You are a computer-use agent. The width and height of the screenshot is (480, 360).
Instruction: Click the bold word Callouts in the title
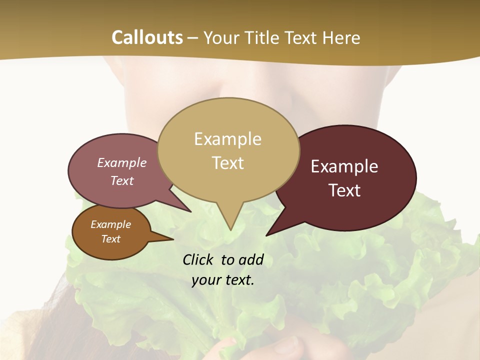(147, 37)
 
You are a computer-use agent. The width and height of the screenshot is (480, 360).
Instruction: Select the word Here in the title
(341, 37)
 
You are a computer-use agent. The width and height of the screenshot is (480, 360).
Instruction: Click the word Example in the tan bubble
(227, 139)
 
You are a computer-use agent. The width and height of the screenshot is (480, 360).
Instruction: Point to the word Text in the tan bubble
(227, 162)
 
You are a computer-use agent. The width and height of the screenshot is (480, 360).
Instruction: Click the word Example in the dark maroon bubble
(344, 166)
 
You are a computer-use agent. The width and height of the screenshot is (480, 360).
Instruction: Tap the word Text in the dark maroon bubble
(344, 190)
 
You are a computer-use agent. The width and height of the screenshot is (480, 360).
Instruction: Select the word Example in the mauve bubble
(122, 162)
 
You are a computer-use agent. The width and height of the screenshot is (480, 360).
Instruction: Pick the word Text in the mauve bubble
(122, 180)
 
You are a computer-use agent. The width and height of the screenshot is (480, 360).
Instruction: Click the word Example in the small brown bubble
(110, 224)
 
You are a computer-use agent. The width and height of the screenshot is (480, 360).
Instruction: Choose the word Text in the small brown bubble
(110, 239)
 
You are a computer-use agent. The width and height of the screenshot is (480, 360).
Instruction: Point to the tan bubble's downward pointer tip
(230, 229)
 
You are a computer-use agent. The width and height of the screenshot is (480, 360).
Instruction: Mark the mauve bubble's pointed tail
(190, 211)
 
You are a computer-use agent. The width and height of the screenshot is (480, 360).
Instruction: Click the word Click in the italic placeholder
(198, 259)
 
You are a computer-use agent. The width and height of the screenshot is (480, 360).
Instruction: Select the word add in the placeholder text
(251, 259)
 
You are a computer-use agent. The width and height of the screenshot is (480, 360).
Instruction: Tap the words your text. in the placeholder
(223, 280)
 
